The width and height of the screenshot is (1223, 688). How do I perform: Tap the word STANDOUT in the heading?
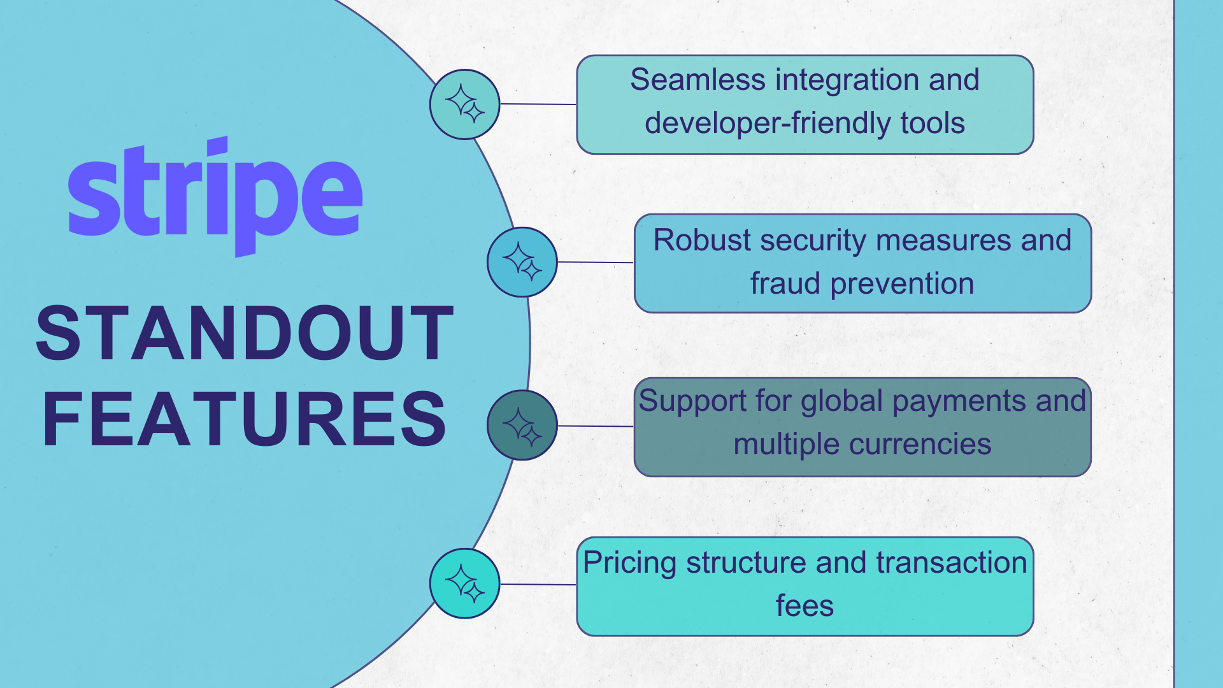[x=245, y=333]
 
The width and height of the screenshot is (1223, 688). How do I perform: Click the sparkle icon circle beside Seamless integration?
[x=464, y=104]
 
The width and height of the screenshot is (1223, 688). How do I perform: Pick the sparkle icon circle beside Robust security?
[x=522, y=262]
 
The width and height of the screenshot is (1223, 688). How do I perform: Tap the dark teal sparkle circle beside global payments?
[x=522, y=425]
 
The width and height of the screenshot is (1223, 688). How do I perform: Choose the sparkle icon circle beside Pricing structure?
[x=464, y=583]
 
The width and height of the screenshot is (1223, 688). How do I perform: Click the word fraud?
[x=785, y=283]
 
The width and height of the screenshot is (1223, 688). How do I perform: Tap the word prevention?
[x=902, y=284]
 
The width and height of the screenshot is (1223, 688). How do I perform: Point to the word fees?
[x=805, y=606]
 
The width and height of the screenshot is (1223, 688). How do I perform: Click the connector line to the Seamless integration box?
[x=538, y=104]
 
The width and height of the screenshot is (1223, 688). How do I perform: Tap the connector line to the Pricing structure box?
[x=538, y=584]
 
